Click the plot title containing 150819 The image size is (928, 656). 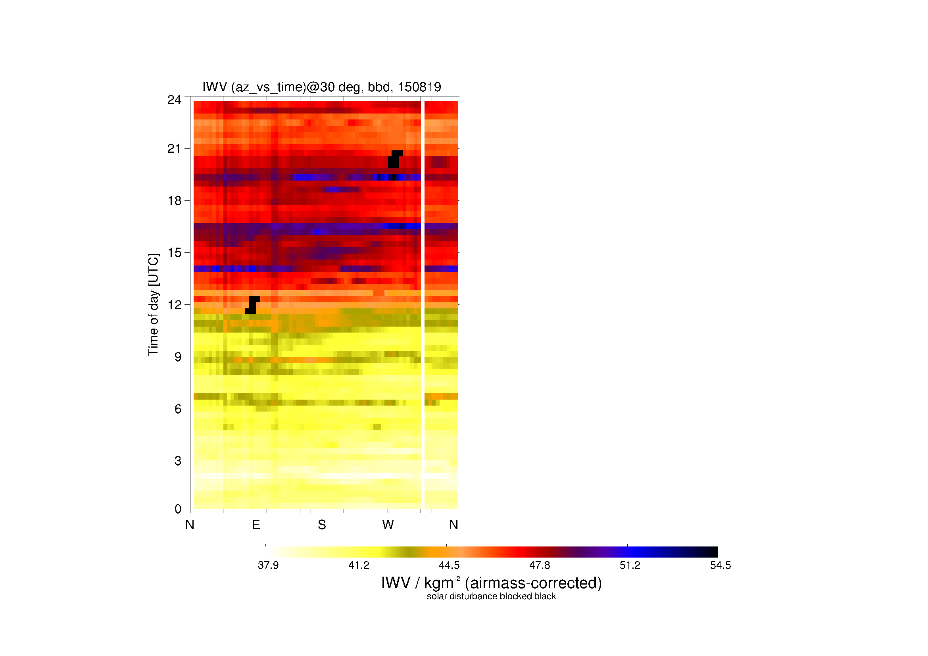(322, 87)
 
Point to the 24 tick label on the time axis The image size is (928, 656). (174, 100)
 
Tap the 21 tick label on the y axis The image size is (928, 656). (174, 149)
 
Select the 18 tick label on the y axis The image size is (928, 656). (174, 201)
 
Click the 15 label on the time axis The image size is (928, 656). (174, 253)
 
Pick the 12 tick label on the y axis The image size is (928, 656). (174, 305)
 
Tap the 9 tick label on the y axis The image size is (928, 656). (178, 357)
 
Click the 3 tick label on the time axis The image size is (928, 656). (178, 461)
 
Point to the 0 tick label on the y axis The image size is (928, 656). (178, 509)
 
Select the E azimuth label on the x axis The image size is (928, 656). (256, 525)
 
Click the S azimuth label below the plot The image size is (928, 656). (322, 525)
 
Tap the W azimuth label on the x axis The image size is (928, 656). (388, 525)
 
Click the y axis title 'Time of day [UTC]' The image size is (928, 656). (154, 305)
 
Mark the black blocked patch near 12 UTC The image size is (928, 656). (252, 305)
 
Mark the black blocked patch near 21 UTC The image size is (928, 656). (395, 159)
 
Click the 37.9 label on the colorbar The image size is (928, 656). (268, 565)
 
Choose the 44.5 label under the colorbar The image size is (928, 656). (449, 565)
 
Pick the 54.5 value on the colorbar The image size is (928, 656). (720, 565)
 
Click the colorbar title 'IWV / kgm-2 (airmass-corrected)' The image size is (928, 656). (492, 583)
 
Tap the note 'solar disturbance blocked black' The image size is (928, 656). (491, 596)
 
